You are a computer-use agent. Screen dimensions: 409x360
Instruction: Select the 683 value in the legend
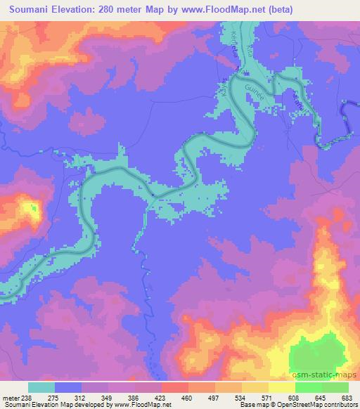[x=347, y=398]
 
